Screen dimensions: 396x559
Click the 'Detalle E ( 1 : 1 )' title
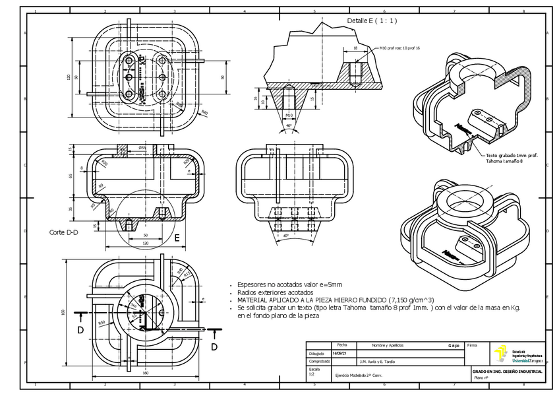pyautogui.click(x=372, y=21)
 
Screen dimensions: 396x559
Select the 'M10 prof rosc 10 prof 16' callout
pyautogui.click(x=399, y=48)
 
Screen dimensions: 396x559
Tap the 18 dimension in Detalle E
pyautogui.click(x=355, y=48)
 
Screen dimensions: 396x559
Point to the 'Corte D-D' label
pyautogui.click(x=63, y=232)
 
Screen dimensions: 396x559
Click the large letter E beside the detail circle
pyautogui.click(x=177, y=236)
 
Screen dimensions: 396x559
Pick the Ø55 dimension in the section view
pyautogui.click(x=142, y=148)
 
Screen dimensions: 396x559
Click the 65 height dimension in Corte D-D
pyautogui.click(x=71, y=177)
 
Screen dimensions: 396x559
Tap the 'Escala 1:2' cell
pyautogui.click(x=317, y=372)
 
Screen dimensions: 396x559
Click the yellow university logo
pyautogui.click(x=502, y=354)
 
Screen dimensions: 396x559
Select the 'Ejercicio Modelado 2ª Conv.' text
pyautogui.click(x=359, y=375)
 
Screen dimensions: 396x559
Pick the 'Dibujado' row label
pyautogui.click(x=317, y=353)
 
